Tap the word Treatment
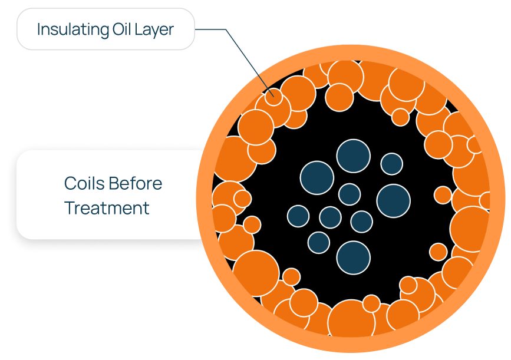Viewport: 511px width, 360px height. click(x=107, y=208)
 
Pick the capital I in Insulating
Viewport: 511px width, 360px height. click(x=39, y=29)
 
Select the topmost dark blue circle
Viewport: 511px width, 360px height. click(x=353, y=156)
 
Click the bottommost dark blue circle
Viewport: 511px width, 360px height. click(x=353, y=257)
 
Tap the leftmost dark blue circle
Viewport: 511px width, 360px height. click(x=298, y=216)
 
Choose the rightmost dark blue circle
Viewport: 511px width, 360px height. click(x=393, y=200)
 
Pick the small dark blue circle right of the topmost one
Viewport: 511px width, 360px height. click(x=391, y=164)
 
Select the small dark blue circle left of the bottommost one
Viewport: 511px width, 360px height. click(x=318, y=242)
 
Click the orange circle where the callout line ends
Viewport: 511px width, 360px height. click(x=272, y=96)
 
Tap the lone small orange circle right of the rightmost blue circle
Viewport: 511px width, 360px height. click(x=443, y=195)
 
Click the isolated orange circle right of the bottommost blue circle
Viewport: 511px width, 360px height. click(x=438, y=252)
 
